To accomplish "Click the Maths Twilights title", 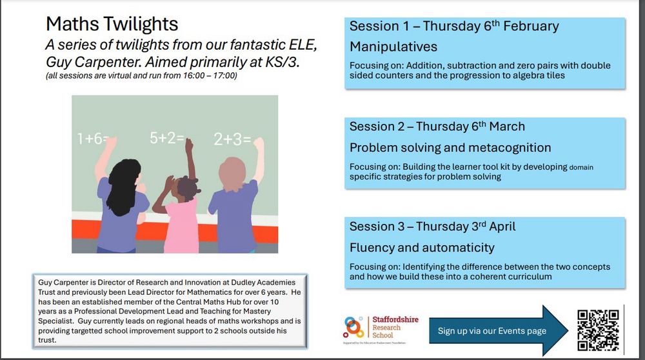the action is (x=112, y=24).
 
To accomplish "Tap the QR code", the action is (x=598, y=330).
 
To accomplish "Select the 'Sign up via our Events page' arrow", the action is (x=499, y=330).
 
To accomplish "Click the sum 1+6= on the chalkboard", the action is (x=92, y=139).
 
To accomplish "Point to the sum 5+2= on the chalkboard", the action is (x=166, y=138).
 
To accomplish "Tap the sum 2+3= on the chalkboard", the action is (x=232, y=139).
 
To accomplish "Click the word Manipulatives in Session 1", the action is (x=393, y=47).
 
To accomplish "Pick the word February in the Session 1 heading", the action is (x=531, y=26).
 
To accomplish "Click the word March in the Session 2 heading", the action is (x=507, y=126).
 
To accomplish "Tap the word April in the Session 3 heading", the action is (x=502, y=226).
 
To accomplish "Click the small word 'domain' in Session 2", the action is (x=581, y=167).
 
